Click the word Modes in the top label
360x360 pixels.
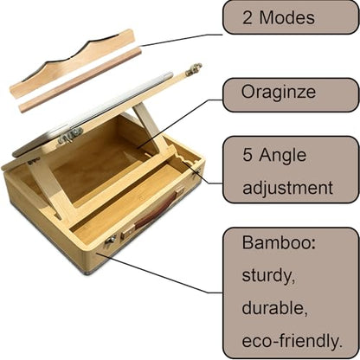(x=286, y=17)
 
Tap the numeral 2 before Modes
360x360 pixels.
(x=247, y=17)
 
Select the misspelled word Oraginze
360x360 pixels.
(x=279, y=93)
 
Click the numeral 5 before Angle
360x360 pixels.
(x=247, y=155)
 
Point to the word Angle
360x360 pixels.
(x=282, y=156)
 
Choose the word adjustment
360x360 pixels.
(x=287, y=188)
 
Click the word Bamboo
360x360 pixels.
(x=279, y=242)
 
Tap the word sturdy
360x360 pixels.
(x=268, y=275)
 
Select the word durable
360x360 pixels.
(x=274, y=308)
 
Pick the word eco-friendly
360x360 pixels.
(x=292, y=341)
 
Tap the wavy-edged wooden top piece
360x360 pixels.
(x=72, y=63)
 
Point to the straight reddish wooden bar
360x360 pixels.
(x=80, y=80)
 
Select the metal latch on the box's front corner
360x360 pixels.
(x=111, y=240)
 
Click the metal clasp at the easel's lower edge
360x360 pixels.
(x=70, y=136)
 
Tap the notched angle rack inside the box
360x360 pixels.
(x=186, y=159)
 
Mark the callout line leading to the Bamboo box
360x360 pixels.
(x=159, y=273)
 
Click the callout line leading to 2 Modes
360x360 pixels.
(x=181, y=40)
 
